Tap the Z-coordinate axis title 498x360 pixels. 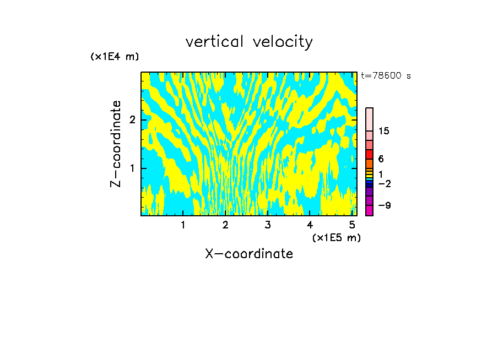[116, 144]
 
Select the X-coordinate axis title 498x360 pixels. [249, 254]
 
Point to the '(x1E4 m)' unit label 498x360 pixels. [115, 57]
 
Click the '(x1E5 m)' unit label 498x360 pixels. [336, 237]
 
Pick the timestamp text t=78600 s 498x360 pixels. [386, 76]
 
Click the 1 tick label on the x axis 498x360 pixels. [183, 225]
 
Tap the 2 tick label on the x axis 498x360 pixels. [225, 225]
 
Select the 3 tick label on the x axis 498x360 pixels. [267, 225]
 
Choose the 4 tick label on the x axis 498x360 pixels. [310, 225]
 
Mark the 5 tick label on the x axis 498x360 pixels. [352, 225]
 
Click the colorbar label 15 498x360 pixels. [384, 131]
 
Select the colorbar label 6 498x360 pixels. [381, 159]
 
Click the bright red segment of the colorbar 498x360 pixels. [369, 154]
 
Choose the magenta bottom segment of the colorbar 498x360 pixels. [369, 210]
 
